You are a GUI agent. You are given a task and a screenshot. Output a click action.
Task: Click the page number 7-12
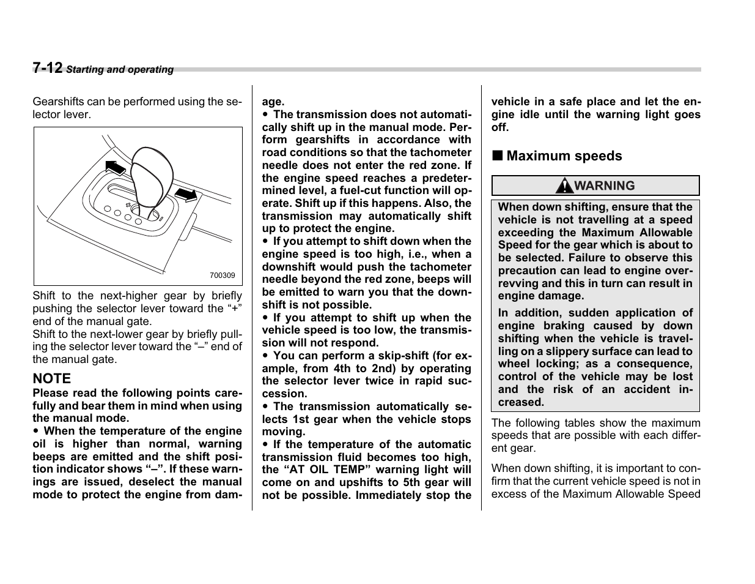tap(48, 68)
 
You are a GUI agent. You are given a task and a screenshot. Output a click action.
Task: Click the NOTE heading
tap(52, 378)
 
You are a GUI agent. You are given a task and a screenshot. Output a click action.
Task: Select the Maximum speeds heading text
tap(564, 156)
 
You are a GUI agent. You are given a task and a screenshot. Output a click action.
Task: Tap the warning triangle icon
tap(569, 185)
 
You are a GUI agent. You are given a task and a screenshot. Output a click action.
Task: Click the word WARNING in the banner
tap(605, 185)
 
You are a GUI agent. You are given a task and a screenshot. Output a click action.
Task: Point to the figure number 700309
tap(223, 275)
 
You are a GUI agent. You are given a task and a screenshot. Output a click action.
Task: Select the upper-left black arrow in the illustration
tap(115, 167)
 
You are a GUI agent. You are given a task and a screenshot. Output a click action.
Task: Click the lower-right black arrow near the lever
tap(186, 195)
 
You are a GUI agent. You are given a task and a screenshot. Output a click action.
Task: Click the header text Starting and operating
tap(120, 70)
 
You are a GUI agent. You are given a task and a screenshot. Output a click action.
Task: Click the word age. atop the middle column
tap(273, 102)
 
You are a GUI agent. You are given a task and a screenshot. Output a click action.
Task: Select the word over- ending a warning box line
tap(679, 271)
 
